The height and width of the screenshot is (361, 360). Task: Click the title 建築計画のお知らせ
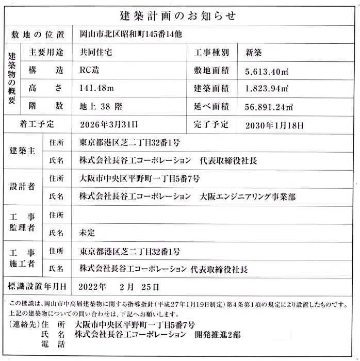coord(180,15)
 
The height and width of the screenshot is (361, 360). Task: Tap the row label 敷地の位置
coord(38,35)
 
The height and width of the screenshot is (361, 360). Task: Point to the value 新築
coord(258,52)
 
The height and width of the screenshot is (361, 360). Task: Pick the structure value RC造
coord(88,70)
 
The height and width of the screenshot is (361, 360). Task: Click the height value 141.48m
coord(96,88)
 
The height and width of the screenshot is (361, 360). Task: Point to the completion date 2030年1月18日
coord(275,125)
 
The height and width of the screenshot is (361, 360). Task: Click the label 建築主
coord(23,151)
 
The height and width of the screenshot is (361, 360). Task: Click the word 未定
coord(88,233)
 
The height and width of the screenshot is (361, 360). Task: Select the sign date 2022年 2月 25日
coord(119,287)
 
